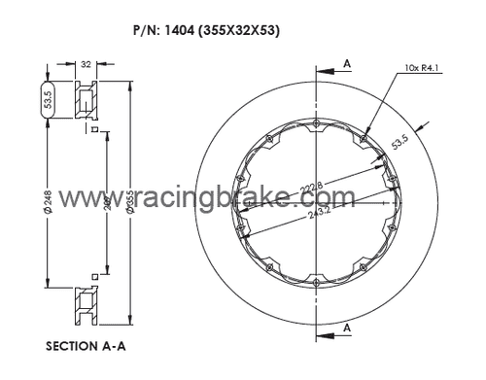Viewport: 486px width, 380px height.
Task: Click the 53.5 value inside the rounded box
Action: point(50,98)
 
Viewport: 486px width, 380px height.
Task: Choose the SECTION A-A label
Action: point(88,345)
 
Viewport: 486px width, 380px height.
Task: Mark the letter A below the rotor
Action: point(347,328)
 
